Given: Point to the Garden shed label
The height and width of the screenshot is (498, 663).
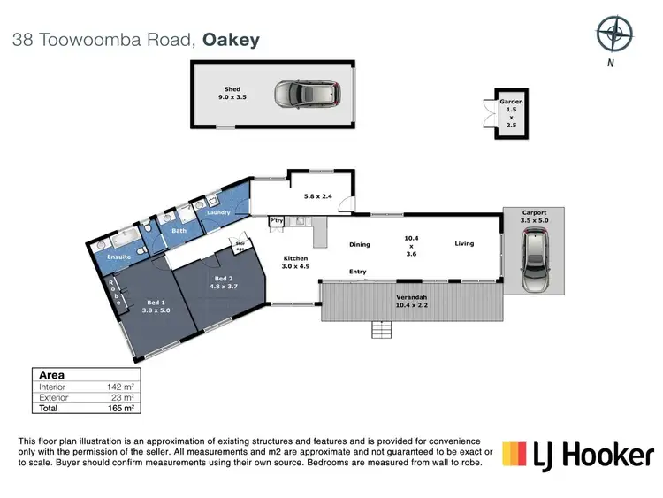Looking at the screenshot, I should tap(512, 114).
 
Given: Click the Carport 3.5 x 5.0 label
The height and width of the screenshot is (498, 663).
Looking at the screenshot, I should tap(534, 217).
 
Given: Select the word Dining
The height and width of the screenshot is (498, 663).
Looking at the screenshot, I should tap(359, 245).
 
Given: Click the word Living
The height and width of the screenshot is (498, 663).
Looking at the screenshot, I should tap(465, 244).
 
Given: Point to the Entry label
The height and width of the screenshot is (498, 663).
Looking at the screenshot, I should tap(358, 272).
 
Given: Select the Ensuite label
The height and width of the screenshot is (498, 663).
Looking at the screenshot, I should tap(119, 257).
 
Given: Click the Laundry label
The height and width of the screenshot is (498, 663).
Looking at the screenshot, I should tap(218, 212).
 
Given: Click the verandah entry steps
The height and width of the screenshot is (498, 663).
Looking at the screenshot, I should tap(381, 330).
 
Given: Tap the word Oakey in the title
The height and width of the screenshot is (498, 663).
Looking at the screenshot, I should tap(232, 40).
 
